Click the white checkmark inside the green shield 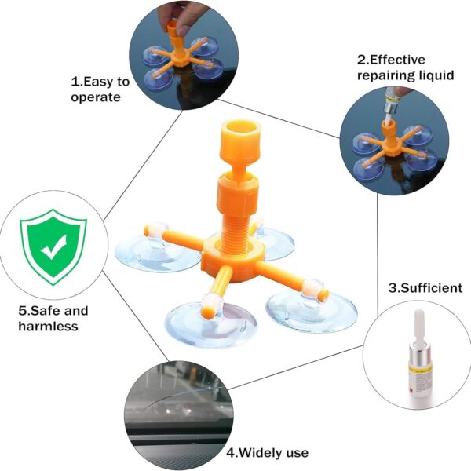[x=54, y=247]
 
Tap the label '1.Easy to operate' [x=100, y=89]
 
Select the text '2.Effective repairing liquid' [x=405, y=68]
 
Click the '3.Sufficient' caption [x=425, y=288]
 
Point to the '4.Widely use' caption [x=268, y=452]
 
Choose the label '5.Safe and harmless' [x=53, y=319]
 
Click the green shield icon [x=53, y=247]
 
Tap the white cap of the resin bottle [x=418, y=327]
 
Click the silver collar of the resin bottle [x=419, y=357]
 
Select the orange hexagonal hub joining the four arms [x=233, y=257]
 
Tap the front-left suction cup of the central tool [x=212, y=325]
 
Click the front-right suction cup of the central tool [x=312, y=312]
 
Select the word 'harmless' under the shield [x=49, y=326]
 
